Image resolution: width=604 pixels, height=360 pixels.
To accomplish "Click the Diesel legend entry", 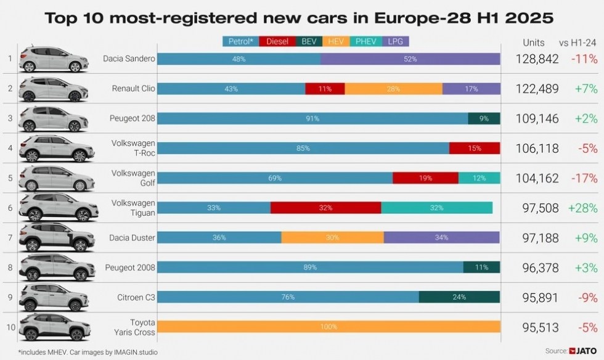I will coord(277,41).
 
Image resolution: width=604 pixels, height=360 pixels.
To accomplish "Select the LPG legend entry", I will coord(395,41).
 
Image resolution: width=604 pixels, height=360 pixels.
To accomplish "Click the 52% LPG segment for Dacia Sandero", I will coord(410,59).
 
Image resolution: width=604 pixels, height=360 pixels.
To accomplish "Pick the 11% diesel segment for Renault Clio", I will coord(325,89).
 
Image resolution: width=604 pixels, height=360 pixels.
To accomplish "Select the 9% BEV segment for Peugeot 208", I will coord(484,118).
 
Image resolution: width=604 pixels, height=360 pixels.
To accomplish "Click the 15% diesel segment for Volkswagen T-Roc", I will coord(475,148).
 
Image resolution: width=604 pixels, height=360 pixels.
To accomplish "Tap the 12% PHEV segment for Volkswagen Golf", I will coord(479,178).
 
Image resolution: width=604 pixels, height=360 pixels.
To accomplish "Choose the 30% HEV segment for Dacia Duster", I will coord(332,237).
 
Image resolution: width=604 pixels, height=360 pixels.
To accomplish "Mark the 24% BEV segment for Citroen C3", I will coord(459,297).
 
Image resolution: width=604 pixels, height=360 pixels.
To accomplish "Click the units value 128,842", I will coord(537,59).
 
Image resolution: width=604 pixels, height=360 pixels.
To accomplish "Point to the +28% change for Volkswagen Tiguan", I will coord(583,208).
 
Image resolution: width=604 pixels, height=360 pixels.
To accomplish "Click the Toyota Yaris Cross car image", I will coord(55,327).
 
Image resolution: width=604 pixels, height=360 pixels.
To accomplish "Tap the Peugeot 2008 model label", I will coord(131,267).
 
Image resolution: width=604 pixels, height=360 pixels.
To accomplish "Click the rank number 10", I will coord(10,327).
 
